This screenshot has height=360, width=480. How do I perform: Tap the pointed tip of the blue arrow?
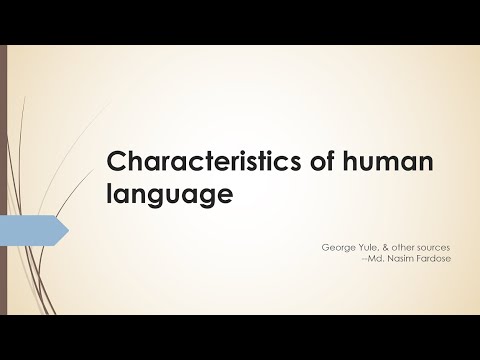[x=67, y=231]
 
